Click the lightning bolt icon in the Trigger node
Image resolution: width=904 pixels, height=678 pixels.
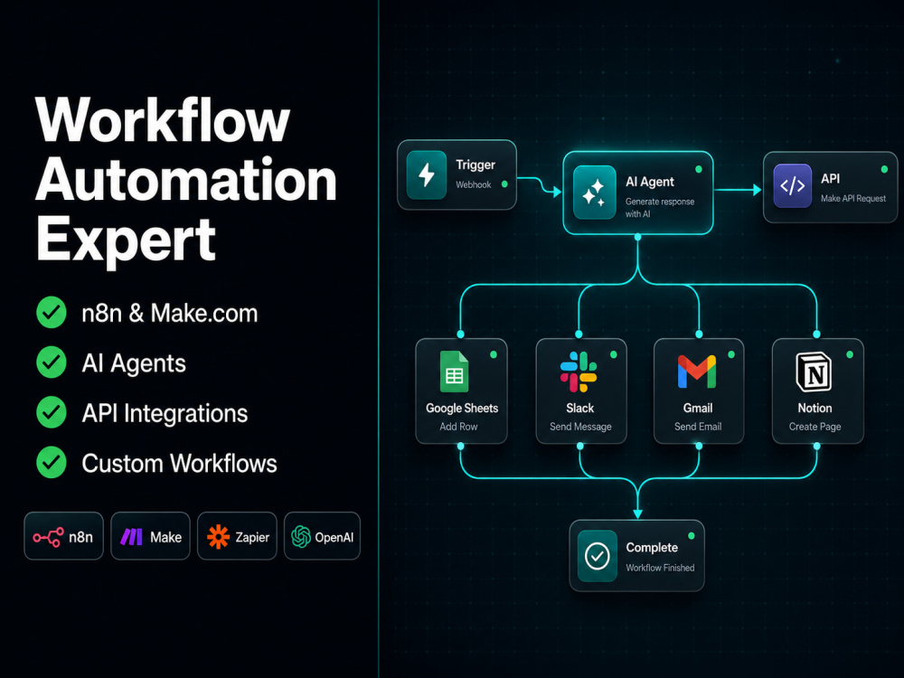tap(427, 174)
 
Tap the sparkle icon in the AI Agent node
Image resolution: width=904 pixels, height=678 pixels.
tap(595, 192)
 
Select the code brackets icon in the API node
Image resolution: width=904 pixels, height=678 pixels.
tap(792, 185)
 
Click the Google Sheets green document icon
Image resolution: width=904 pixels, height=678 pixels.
tap(455, 372)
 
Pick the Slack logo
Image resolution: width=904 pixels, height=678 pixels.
tap(579, 372)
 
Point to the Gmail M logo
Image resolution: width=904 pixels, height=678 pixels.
tap(697, 372)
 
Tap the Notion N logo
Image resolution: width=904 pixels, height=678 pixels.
tap(814, 372)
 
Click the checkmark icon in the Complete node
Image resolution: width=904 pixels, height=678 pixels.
tap(598, 556)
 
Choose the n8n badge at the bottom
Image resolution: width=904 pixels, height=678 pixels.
tap(63, 536)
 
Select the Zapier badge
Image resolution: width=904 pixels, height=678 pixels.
tap(237, 536)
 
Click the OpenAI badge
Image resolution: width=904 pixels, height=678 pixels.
tap(323, 536)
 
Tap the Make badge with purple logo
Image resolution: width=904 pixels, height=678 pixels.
tap(150, 536)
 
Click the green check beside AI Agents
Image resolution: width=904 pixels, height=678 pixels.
tap(52, 363)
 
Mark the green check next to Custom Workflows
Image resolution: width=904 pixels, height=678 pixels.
tap(52, 462)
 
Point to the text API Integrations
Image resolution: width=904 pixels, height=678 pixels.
tap(165, 413)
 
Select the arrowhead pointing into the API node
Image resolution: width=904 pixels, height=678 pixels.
tap(757, 190)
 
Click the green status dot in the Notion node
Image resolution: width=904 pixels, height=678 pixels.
tap(849, 354)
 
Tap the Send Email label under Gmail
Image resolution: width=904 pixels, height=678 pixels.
tap(698, 427)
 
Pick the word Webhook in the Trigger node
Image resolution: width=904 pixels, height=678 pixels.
tap(474, 184)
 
